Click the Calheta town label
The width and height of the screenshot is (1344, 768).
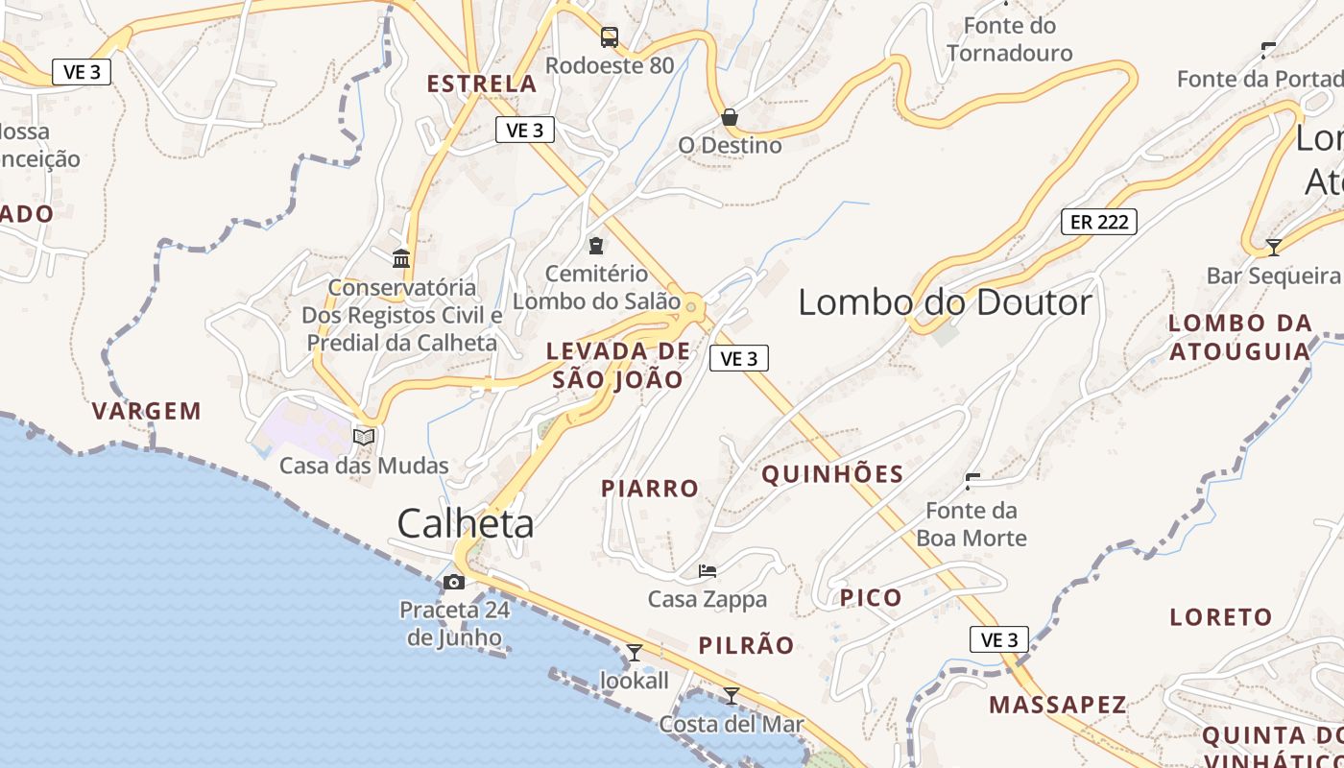[x=466, y=523]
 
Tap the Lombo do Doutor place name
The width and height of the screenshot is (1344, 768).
[x=945, y=302]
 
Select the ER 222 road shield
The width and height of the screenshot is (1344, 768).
[x=1098, y=222]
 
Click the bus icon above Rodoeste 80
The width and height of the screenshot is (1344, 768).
[x=610, y=37]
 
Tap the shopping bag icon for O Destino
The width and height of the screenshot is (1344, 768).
[x=730, y=117]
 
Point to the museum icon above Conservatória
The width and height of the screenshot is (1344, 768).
[x=401, y=258]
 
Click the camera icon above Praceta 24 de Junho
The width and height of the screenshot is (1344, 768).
[x=454, y=582]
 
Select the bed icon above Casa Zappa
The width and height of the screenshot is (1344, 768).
[x=708, y=570]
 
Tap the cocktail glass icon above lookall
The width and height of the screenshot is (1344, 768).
[x=634, y=653]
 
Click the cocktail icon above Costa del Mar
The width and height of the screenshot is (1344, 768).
[x=732, y=695]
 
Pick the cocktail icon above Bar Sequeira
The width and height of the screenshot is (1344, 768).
[x=1273, y=247]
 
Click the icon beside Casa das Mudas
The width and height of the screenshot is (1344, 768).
[x=364, y=437]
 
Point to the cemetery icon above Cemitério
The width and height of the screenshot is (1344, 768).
[x=596, y=245]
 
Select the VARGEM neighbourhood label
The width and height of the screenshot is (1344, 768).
[x=147, y=412]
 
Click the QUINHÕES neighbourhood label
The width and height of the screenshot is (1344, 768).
[x=832, y=474]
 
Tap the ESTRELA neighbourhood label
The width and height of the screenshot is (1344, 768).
[x=482, y=84]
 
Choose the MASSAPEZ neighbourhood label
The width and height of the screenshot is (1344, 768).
[x=1058, y=705]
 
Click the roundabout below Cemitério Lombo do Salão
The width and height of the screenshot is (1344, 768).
[x=691, y=306]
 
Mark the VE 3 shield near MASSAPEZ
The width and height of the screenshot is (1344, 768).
[x=998, y=639]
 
